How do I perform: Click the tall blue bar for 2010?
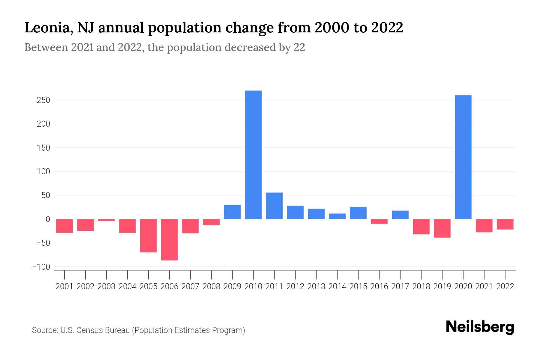click(253, 154)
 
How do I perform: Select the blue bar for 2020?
click(463, 157)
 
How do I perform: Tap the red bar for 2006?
click(169, 239)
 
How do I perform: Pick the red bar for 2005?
click(148, 235)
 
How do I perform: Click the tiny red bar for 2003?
click(106, 220)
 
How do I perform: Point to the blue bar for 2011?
click(274, 206)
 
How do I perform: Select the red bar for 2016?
click(379, 221)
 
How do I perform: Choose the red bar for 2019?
click(442, 228)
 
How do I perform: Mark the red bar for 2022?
click(505, 224)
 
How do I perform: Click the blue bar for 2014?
click(337, 216)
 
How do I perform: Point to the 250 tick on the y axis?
click(43, 100)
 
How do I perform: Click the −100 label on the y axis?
click(41, 267)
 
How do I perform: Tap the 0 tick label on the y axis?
click(47, 219)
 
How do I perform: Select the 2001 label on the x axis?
click(64, 286)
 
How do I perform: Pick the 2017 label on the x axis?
click(400, 286)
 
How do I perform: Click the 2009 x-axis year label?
click(232, 286)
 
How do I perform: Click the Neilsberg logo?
click(480, 327)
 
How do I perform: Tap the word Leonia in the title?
click(48, 28)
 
